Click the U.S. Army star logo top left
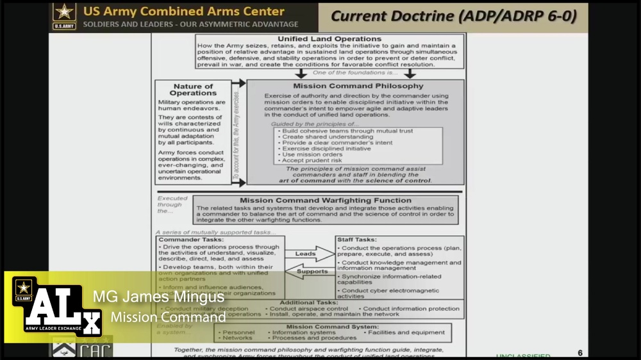[63, 15]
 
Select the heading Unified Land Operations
[329, 39]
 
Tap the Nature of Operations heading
[193, 90]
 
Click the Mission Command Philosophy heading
[358, 86]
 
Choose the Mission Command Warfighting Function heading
[326, 200]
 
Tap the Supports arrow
[310, 272]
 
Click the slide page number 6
[580, 352]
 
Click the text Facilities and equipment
[406, 332]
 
